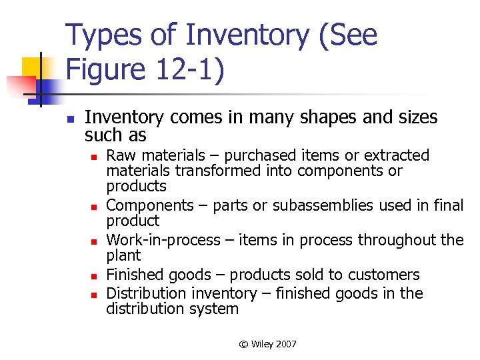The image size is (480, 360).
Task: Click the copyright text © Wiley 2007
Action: pos(267,344)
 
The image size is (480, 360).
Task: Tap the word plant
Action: pos(123,255)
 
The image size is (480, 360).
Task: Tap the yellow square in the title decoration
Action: pos(33,68)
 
